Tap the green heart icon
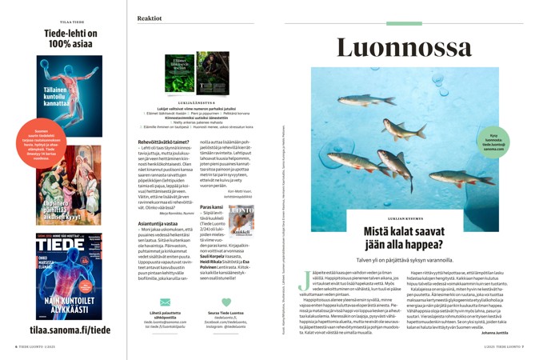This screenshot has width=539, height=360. point(226,302)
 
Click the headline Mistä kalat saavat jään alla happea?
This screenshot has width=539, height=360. point(397,238)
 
